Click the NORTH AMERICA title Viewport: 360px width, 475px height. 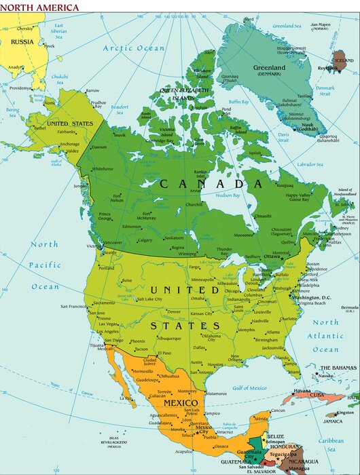coord(40,7)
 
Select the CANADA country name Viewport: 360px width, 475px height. coord(201,184)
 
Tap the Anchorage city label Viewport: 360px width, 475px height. coord(69,144)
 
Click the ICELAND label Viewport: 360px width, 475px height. coord(344,60)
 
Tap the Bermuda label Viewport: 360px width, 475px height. coord(349,307)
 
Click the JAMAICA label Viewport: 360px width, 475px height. coord(332,421)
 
